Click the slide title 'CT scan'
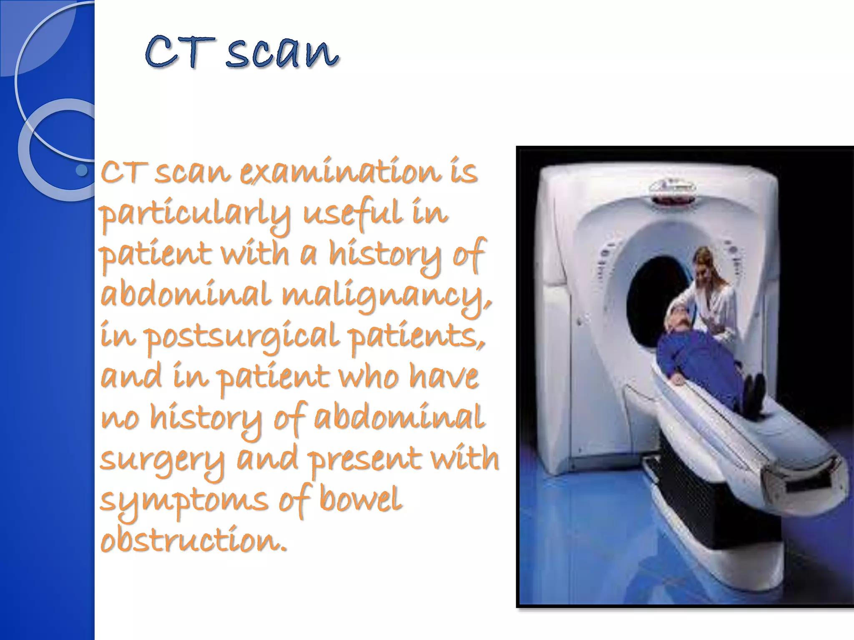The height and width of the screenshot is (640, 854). pos(242,53)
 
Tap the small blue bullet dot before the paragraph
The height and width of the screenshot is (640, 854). pos(82,170)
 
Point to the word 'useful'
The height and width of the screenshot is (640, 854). pos(353,213)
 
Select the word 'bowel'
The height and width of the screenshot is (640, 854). pos(360,499)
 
